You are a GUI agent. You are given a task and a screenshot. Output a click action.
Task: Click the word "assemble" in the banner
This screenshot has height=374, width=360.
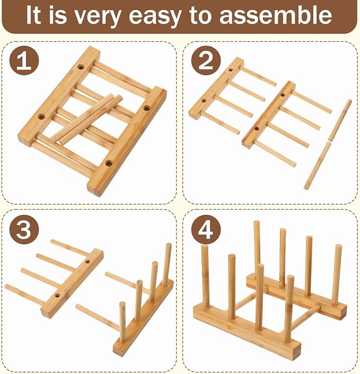(x=275, y=15)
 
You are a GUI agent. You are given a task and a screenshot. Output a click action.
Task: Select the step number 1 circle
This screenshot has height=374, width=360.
(x=24, y=60)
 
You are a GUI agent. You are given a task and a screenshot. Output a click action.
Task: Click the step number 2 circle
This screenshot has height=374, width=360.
(x=206, y=60)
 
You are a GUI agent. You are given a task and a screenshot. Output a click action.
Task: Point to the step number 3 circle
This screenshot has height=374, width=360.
(x=24, y=229)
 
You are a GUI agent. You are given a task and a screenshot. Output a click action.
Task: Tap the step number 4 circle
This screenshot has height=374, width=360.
(x=206, y=229)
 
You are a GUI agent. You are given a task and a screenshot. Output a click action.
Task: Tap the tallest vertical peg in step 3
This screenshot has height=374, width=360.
(x=167, y=264)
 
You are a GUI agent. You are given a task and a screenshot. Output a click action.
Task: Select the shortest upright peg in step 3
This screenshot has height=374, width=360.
(x=122, y=322)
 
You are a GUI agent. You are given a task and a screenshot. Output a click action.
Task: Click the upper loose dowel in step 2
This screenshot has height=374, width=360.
(x=340, y=120)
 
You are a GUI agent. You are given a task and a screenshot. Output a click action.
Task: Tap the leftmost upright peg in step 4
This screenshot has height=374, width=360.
(x=206, y=277)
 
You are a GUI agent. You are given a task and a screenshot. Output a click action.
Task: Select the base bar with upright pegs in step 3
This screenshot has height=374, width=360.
(x=143, y=318)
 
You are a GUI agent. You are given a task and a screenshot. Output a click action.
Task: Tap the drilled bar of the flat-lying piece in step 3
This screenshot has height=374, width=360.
(x=72, y=283)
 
